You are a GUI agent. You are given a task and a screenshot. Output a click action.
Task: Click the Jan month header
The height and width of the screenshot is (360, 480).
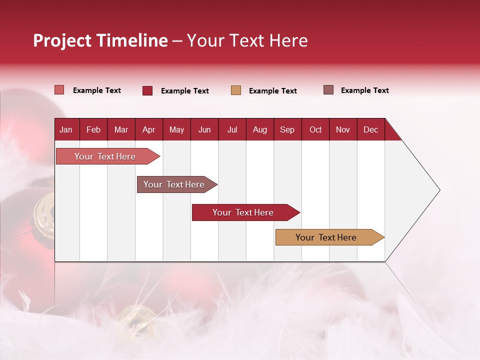pyautogui.click(x=66, y=130)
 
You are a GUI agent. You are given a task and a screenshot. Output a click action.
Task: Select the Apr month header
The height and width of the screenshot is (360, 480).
pyautogui.click(x=148, y=130)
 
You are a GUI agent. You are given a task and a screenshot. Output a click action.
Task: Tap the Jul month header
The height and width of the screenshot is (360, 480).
pyautogui.click(x=232, y=130)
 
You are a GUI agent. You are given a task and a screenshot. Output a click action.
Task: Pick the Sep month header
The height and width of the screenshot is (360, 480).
pyautogui.click(x=287, y=130)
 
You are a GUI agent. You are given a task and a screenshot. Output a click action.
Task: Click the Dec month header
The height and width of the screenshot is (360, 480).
pyautogui.click(x=370, y=130)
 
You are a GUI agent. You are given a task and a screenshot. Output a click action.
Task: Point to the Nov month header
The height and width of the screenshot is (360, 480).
pyautogui.click(x=342, y=130)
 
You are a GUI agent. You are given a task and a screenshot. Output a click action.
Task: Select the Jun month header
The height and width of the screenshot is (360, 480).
pyautogui.click(x=204, y=130)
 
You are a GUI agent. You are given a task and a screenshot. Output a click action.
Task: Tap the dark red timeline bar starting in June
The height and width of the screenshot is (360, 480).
pyautogui.click(x=243, y=212)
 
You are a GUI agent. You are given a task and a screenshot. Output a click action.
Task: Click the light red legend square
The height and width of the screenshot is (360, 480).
pyautogui.click(x=59, y=90)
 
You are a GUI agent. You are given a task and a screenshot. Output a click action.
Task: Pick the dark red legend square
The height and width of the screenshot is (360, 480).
pyautogui.click(x=147, y=90)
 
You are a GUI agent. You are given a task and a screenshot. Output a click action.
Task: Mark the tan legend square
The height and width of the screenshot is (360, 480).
pyautogui.click(x=236, y=90)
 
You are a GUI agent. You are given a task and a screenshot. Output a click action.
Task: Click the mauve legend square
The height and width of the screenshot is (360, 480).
pyautogui.click(x=328, y=90)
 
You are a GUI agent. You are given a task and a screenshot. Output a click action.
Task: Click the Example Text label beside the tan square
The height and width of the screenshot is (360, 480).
pyautogui.click(x=272, y=91)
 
